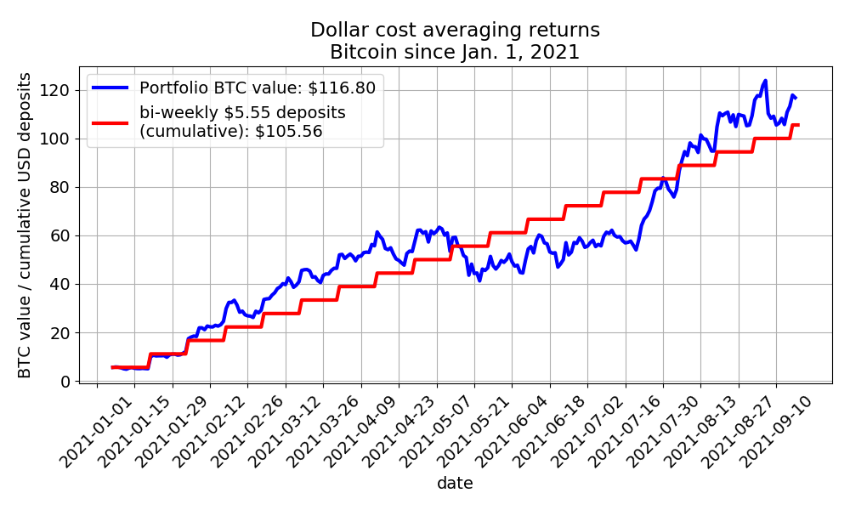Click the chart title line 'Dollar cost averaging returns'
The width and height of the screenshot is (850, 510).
(455, 30)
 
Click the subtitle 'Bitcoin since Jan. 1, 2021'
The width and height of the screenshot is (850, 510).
(455, 53)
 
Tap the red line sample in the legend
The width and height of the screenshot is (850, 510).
(110, 122)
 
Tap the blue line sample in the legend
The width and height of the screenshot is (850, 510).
(110, 88)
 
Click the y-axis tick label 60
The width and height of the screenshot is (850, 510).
(60, 235)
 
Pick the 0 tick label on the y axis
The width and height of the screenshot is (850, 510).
(65, 382)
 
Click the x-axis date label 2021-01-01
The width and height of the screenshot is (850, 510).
(97, 432)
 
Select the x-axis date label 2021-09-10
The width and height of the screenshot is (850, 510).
(775, 432)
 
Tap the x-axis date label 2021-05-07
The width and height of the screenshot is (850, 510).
(473, 432)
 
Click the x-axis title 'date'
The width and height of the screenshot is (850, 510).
(456, 483)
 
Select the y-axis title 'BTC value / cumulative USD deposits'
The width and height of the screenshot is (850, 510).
(25, 225)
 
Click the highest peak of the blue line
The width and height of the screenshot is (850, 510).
(765, 81)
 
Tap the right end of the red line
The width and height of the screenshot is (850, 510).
(798, 125)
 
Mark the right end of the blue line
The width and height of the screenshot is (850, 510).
(796, 98)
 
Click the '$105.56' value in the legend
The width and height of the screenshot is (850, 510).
(288, 131)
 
